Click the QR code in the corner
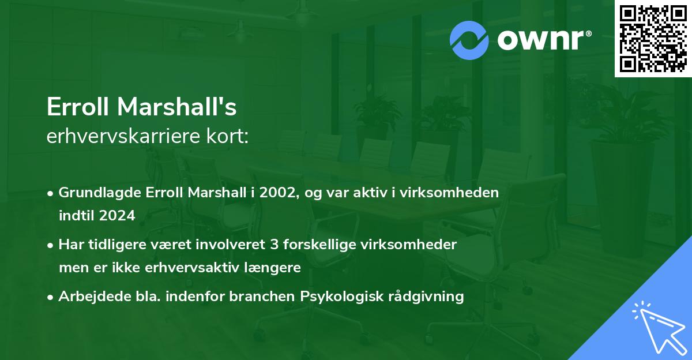click(653, 38)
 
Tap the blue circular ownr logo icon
click(469, 40)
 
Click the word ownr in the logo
click(544, 39)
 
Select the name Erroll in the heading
click(78, 107)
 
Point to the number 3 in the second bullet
click(273, 245)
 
